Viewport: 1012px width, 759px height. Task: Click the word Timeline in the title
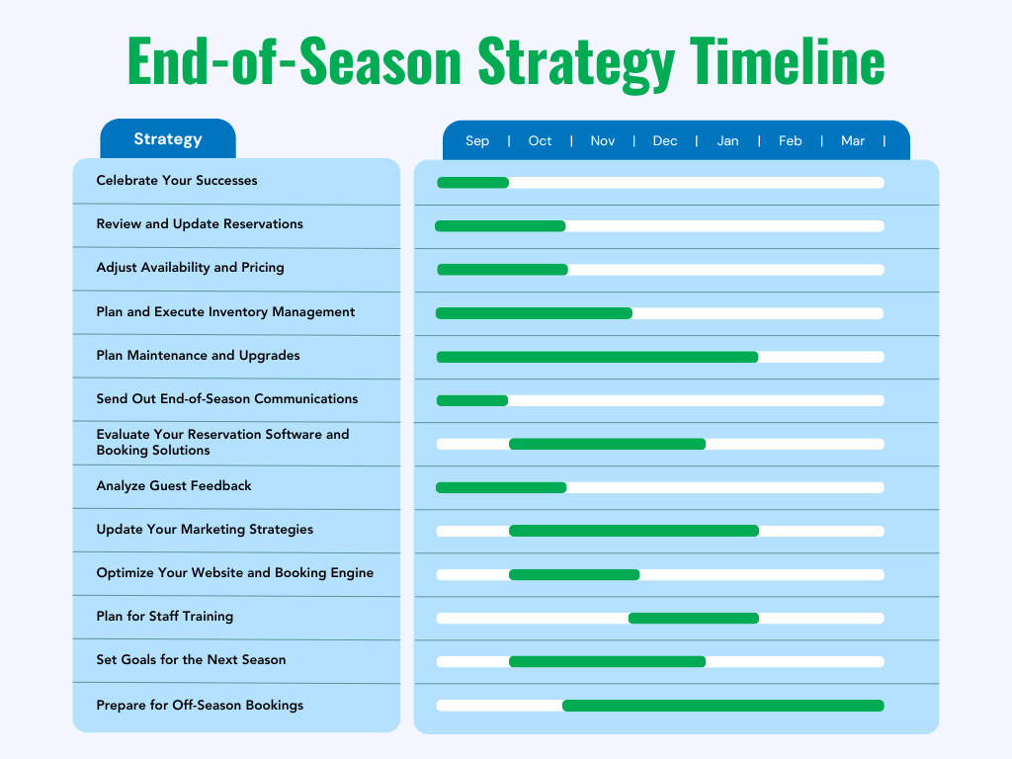(787, 60)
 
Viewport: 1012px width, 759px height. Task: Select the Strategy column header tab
(168, 139)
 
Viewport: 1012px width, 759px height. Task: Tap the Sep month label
(477, 141)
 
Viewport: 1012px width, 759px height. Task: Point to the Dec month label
(665, 141)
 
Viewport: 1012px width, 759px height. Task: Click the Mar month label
(853, 141)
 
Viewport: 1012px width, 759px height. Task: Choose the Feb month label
(791, 141)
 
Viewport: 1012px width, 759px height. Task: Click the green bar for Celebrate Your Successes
(472, 183)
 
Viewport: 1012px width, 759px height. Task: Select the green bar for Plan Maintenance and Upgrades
(597, 357)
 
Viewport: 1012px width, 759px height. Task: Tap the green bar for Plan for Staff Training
(694, 619)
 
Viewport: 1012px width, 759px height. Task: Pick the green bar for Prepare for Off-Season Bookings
(722, 706)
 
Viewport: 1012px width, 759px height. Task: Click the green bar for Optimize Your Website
(574, 575)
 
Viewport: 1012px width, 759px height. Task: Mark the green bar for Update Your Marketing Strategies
(633, 531)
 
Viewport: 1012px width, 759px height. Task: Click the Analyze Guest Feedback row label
(174, 486)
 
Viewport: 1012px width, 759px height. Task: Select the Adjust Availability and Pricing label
(190, 268)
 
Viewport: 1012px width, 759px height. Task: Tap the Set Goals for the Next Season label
(191, 660)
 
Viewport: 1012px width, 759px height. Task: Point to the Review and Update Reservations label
(200, 224)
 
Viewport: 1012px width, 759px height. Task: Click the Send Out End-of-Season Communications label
(227, 399)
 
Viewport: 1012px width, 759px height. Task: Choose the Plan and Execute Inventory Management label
(225, 312)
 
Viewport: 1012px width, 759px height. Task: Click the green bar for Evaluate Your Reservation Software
(607, 444)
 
